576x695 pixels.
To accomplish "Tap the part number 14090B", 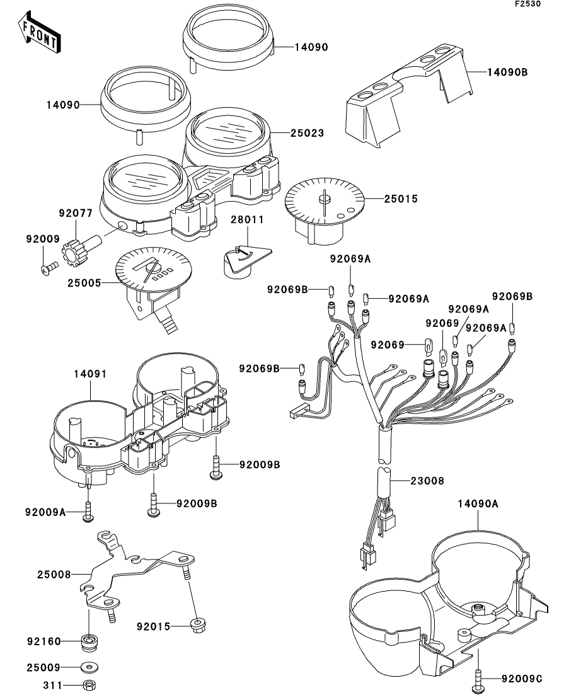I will pyautogui.click(x=507, y=72).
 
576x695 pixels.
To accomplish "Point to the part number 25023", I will pyautogui.click(x=307, y=134).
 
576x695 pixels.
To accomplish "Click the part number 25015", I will pyautogui.click(x=401, y=198).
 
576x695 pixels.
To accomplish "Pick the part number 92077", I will pyautogui.click(x=78, y=214).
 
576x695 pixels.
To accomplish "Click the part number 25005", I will pyautogui.click(x=83, y=283).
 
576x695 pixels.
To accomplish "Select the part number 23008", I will pyautogui.click(x=427, y=481).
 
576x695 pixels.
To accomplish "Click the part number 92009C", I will pyautogui.click(x=522, y=679).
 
